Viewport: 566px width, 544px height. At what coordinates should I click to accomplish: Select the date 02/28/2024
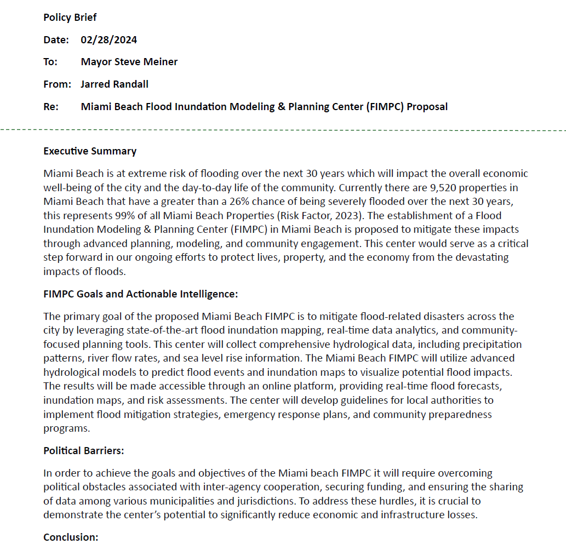[109, 40]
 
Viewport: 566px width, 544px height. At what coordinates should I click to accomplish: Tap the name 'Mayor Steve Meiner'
[129, 62]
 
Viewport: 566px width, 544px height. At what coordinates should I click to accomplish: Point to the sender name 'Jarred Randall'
[115, 84]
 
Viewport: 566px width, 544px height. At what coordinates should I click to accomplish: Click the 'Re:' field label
[51, 106]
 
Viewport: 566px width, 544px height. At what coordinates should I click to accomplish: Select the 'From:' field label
[58, 84]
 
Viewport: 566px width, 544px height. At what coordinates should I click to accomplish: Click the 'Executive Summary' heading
[90, 151]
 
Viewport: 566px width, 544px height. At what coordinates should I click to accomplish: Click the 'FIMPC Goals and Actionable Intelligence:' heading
[141, 294]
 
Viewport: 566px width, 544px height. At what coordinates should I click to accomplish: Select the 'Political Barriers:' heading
[84, 451]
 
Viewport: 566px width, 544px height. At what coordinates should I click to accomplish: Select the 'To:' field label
[50, 62]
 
